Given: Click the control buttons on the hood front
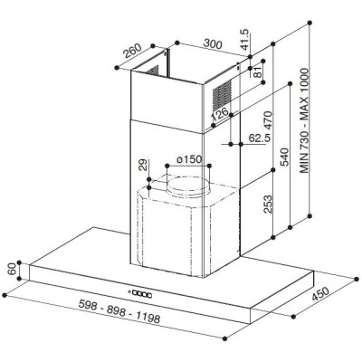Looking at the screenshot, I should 143,292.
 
